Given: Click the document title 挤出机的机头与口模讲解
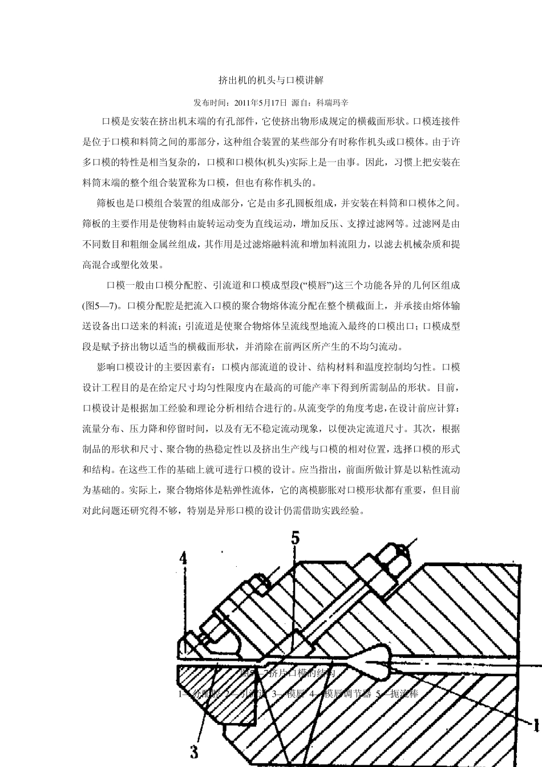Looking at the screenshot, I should [271, 80].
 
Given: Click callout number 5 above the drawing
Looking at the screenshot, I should [295, 538].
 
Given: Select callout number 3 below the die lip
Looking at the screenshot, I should [194, 752].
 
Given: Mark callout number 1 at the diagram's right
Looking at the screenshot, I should [536, 726].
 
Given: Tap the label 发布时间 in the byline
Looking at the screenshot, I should [210, 103].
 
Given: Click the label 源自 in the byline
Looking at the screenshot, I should [298, 103].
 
